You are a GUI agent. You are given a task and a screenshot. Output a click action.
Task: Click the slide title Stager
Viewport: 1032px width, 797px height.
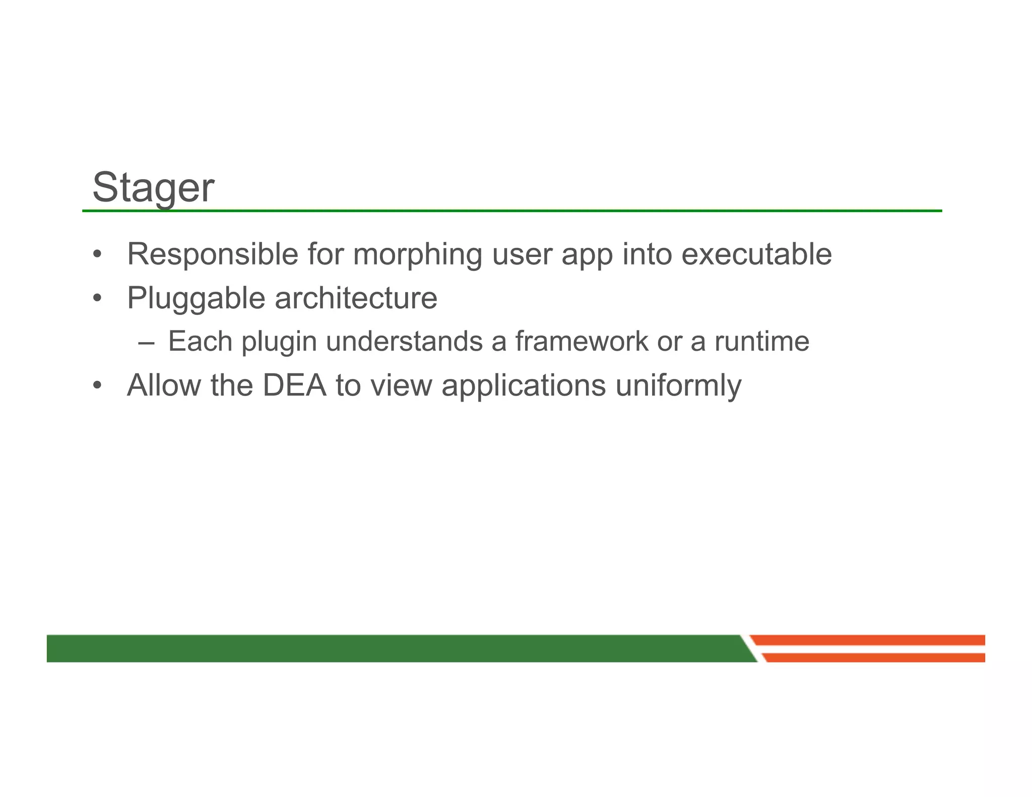click(x=153, y=187)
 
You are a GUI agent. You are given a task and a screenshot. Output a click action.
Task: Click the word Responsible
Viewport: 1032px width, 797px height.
click(x=213, y=254)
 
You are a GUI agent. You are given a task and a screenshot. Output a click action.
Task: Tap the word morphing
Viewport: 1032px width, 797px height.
click(x=418, y=255)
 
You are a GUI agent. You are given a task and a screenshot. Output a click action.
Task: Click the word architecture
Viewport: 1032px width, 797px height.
click(x=356, y=298)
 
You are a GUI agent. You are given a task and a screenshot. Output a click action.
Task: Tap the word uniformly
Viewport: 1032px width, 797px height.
click(x=678, y=386)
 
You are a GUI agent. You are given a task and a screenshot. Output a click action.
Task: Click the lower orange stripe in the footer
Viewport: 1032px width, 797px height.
click(x=874, y=657)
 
